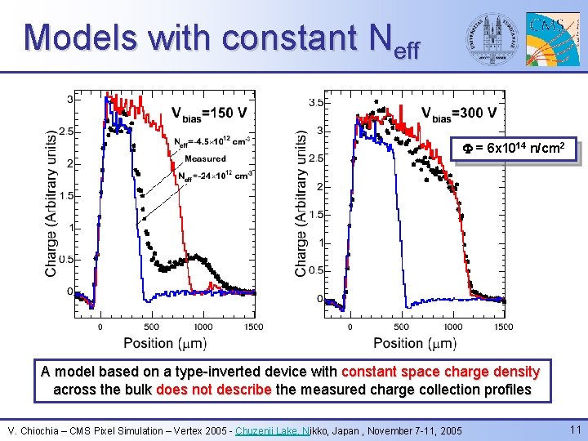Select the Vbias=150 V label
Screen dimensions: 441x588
click(210, 113)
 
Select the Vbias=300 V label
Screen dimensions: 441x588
click(458, 113)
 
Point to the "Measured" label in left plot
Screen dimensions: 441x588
click(205, 158)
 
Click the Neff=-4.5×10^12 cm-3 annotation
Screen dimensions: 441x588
click(212, 142)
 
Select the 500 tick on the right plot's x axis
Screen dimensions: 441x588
click(401, 326)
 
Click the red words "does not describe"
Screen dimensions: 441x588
click(213, 390)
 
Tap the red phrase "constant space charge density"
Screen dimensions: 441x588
click(440, 372)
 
